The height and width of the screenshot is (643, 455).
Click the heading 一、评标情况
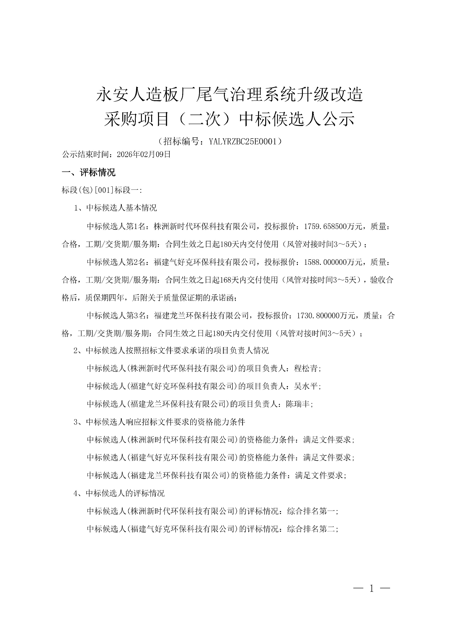pyautogui.click(x=89, y=172)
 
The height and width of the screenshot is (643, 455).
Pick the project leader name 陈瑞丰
pyautogui.click(x=298, y=404)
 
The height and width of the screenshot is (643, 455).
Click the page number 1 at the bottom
pyautogui.click(x=372, y=589)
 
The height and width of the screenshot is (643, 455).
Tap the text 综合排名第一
pyautogui.click(x=311, y=511)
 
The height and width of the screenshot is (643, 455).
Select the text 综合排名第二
pyautogui.click(x=311, y=529)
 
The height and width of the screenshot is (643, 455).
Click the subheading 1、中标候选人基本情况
pyautogui.click(x=115, y=208)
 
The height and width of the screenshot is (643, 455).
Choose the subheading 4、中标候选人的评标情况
pyautogui.click(x=119, y=494)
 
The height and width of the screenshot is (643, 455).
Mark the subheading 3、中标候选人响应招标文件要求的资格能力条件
pyautogui.click(x=159, y=422)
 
